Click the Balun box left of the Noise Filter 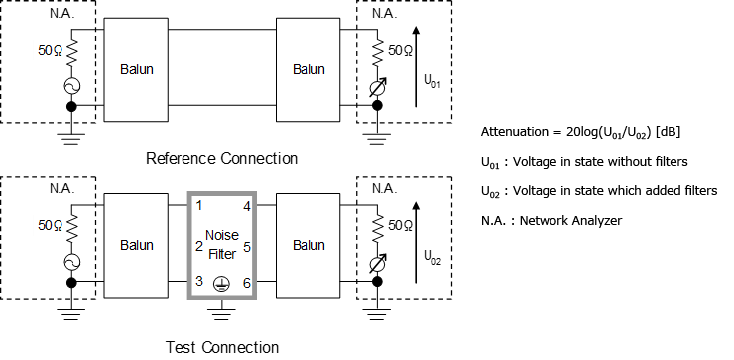[x=136, y=246]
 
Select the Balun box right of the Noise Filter [x=308, y=246]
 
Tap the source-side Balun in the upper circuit [x=136, y=69]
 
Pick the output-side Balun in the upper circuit [x=308, y=69]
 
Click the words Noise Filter [x=221, y=245]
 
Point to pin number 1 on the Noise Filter [x=199, y=206]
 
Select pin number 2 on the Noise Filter [x=199, y=245]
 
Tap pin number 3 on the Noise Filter [x=199, y=282]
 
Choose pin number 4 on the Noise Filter [x=246, y=207]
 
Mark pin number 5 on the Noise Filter [x=246, y=245]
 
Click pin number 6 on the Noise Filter [x=246, y=283]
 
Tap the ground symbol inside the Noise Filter [x=222, y=284]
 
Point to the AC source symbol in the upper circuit [x=71, y=86]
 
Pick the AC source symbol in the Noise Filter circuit [x=71, y=263]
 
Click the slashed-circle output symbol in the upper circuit [x=377, y=87]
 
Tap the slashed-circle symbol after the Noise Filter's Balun [x=377, y=264]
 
